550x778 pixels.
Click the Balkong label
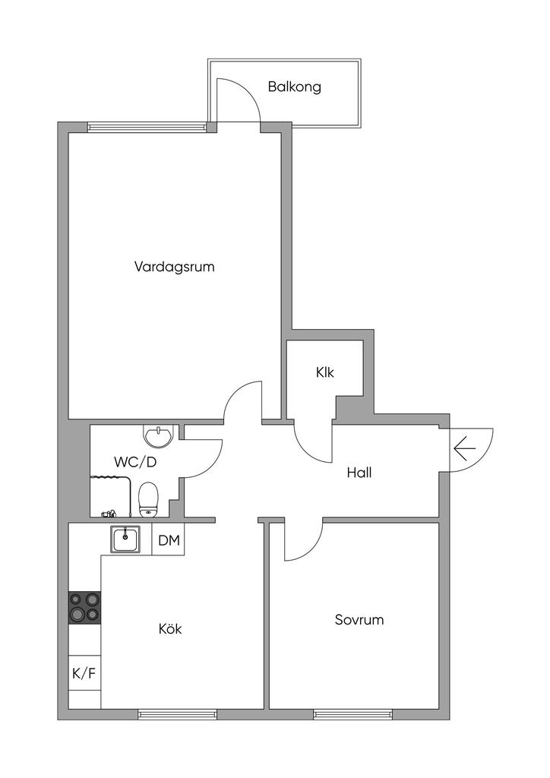tap(294, 87)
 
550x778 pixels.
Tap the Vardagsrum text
tap(174, 267)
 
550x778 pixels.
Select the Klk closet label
tap(325, 373)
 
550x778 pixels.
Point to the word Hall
tap(359, 472)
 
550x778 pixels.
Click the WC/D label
tap(135, 461)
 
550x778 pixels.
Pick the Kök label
tap(170, 629)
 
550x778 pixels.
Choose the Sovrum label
tap(359, 619)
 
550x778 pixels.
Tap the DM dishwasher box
tap(169, 541)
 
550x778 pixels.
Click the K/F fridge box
tap(83, 672)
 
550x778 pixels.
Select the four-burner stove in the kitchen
tap(84, 607)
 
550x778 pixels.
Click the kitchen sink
tap(125, 540)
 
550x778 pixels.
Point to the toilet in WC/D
tap(149, 498)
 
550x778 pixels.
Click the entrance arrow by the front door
tap(464, 450)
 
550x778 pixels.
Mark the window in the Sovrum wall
tap(352, 714)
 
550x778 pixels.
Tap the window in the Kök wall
tap(177, 714)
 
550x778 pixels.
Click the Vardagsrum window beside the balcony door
tap(146, 127)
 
